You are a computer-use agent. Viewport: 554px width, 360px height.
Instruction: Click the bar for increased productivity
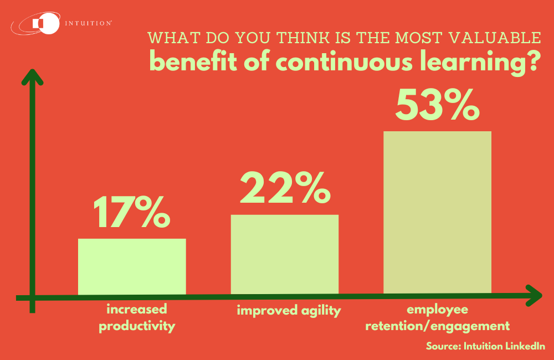pyautogui.click(x=132, y=266)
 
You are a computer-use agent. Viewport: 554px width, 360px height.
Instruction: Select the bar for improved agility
pyautogui.click(x=285, y=254)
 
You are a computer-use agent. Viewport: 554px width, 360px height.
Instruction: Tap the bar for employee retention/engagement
pyautogui.click(x=438, y=212)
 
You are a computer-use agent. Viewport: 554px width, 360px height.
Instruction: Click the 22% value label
pyautogui.click(x=285, y=188)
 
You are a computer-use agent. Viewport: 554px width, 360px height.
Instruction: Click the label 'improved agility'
pyautogui.click(x=289, y=310)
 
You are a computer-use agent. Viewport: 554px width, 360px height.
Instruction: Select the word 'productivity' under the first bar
pyautogui.click(x=137, y=326)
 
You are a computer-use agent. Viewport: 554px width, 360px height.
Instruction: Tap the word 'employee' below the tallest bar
pyautogui.click(x=438, y=309)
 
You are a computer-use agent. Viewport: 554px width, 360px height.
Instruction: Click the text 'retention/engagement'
pyautogui.click(x=438, y=325)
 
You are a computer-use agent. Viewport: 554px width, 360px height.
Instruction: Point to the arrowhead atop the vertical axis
pyautogui.click(x=34, y=78)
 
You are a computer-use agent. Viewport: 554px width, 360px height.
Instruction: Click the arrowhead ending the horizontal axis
pyautogui.click(x=533, y=295)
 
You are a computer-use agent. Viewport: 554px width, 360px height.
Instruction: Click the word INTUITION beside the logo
pyautogui.click(x=89, y=24)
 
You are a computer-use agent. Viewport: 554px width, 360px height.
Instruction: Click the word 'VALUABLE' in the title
pyautogui.click(x=497, y=39)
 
